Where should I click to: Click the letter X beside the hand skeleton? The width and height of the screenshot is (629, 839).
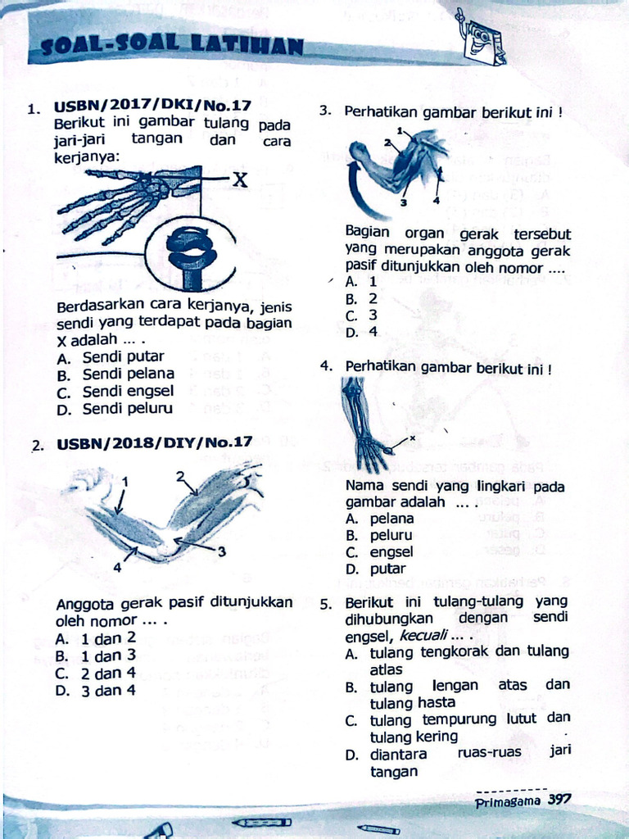point(238,180)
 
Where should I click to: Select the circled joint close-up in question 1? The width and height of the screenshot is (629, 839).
point(192,254)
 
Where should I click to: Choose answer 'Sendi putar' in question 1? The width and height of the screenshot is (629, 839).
point(123,356)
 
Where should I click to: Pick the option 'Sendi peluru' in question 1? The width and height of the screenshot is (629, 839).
point(127,408)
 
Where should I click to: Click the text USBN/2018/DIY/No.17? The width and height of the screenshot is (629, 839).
point(154,442)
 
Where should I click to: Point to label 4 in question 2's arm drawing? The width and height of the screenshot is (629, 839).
point(117,567)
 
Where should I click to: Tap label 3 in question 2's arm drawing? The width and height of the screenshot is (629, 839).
point(221,552)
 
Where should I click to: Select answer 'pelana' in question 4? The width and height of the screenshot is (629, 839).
point(391,519)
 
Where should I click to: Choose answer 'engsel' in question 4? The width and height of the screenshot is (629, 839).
point(391,552)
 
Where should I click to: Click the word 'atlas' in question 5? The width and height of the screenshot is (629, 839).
point(387,669)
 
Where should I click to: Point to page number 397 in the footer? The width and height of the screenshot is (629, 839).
point(559,800)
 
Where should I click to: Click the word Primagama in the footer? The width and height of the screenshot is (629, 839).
point(508,801)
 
